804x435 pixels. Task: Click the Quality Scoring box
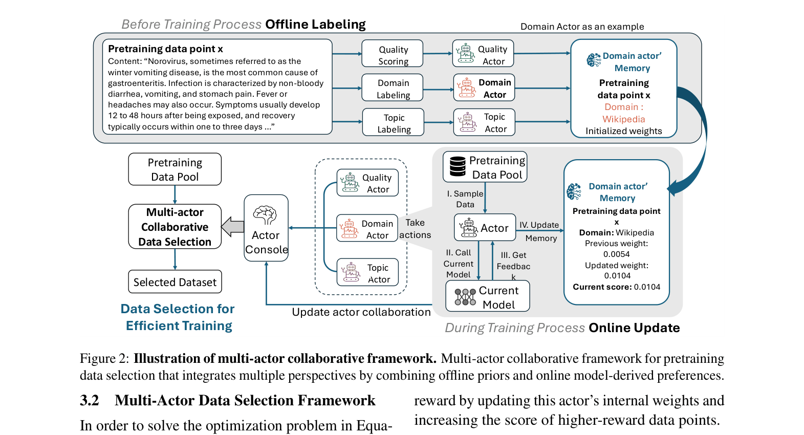pos(393,54)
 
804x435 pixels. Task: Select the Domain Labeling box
pos(393,88)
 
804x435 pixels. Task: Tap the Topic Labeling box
pos(394,122)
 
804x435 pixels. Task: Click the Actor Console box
pos(266,228)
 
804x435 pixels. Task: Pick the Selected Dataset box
pos(175,282)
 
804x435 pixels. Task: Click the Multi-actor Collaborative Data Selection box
pos(175,227)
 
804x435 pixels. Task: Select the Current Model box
pos(488,297)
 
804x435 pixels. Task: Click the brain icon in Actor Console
pos(265,215)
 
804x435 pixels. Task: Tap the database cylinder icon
pos(458,166)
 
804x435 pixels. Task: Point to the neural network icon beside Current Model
pos(465,297)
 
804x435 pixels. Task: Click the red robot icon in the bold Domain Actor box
pos(467,88)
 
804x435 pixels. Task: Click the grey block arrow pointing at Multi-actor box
pos(233,227)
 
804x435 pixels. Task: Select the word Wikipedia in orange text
pos(623,119)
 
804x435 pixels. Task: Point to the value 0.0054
pos(616,254)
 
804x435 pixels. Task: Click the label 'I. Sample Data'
pos(465,199)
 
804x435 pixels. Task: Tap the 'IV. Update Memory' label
pos(540,231)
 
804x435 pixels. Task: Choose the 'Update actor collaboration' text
pos(361,312)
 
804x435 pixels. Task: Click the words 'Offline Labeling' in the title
pos(315,25)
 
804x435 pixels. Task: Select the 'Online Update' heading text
pos(634,328)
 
